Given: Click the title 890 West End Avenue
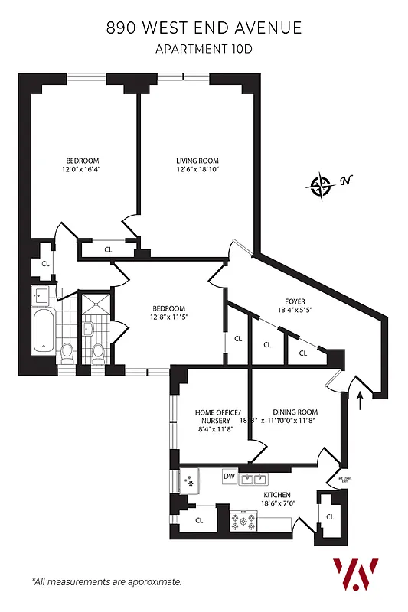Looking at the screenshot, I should (x=204, y=28).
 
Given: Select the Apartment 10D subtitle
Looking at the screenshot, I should (x=204, y=50).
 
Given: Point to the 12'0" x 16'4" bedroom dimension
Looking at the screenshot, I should (x=83, y=171).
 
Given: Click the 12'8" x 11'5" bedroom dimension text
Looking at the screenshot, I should (x=166, y=317).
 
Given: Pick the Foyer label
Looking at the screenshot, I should (x=291, y=301).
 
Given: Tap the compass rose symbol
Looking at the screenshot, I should (x=320, y=184).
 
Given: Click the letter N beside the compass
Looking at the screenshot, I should (x=346, y=181).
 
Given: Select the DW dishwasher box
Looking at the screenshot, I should (x=229, y=477).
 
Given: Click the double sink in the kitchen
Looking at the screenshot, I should (x=253, y=480).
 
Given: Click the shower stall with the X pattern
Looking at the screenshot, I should (x=96, y=305).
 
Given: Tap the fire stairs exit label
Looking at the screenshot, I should (x=344, y=480).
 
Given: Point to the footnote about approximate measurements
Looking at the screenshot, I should (x=106, y=582).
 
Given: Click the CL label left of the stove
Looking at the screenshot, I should (x=199, y=520).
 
